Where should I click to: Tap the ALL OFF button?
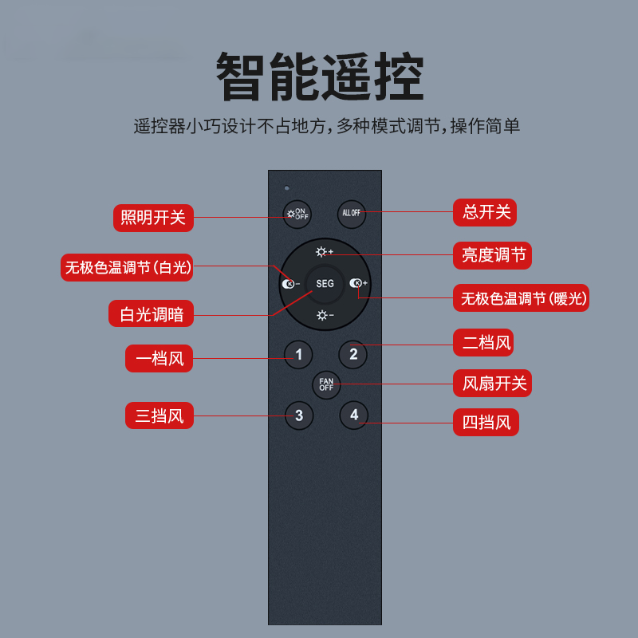tap(351, 213)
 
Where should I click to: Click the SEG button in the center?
tap(325, 284)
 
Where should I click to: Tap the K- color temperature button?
tap(290, 284)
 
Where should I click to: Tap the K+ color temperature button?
tap(358, 283)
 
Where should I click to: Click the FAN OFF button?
tap(326, 385)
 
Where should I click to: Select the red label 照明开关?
tap(153, 217)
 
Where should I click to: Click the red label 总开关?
tap(485, 212)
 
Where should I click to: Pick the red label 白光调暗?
tap(151, 314)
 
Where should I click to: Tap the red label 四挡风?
tap(486, 422)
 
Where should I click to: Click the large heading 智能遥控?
tap(320, 78)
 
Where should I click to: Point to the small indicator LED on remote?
tap(286, 188)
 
